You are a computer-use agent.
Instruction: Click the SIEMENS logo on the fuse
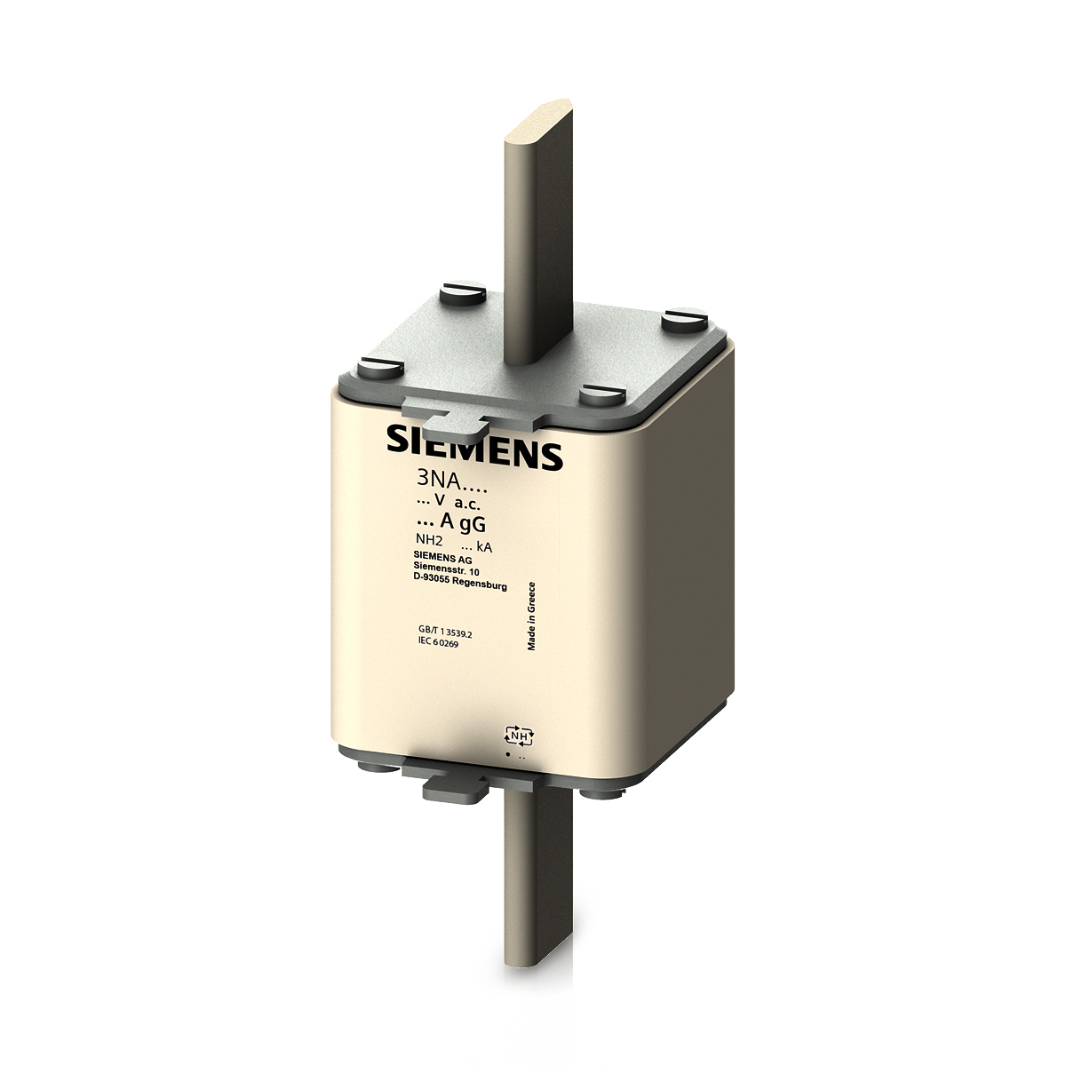[x=474, y=445]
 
